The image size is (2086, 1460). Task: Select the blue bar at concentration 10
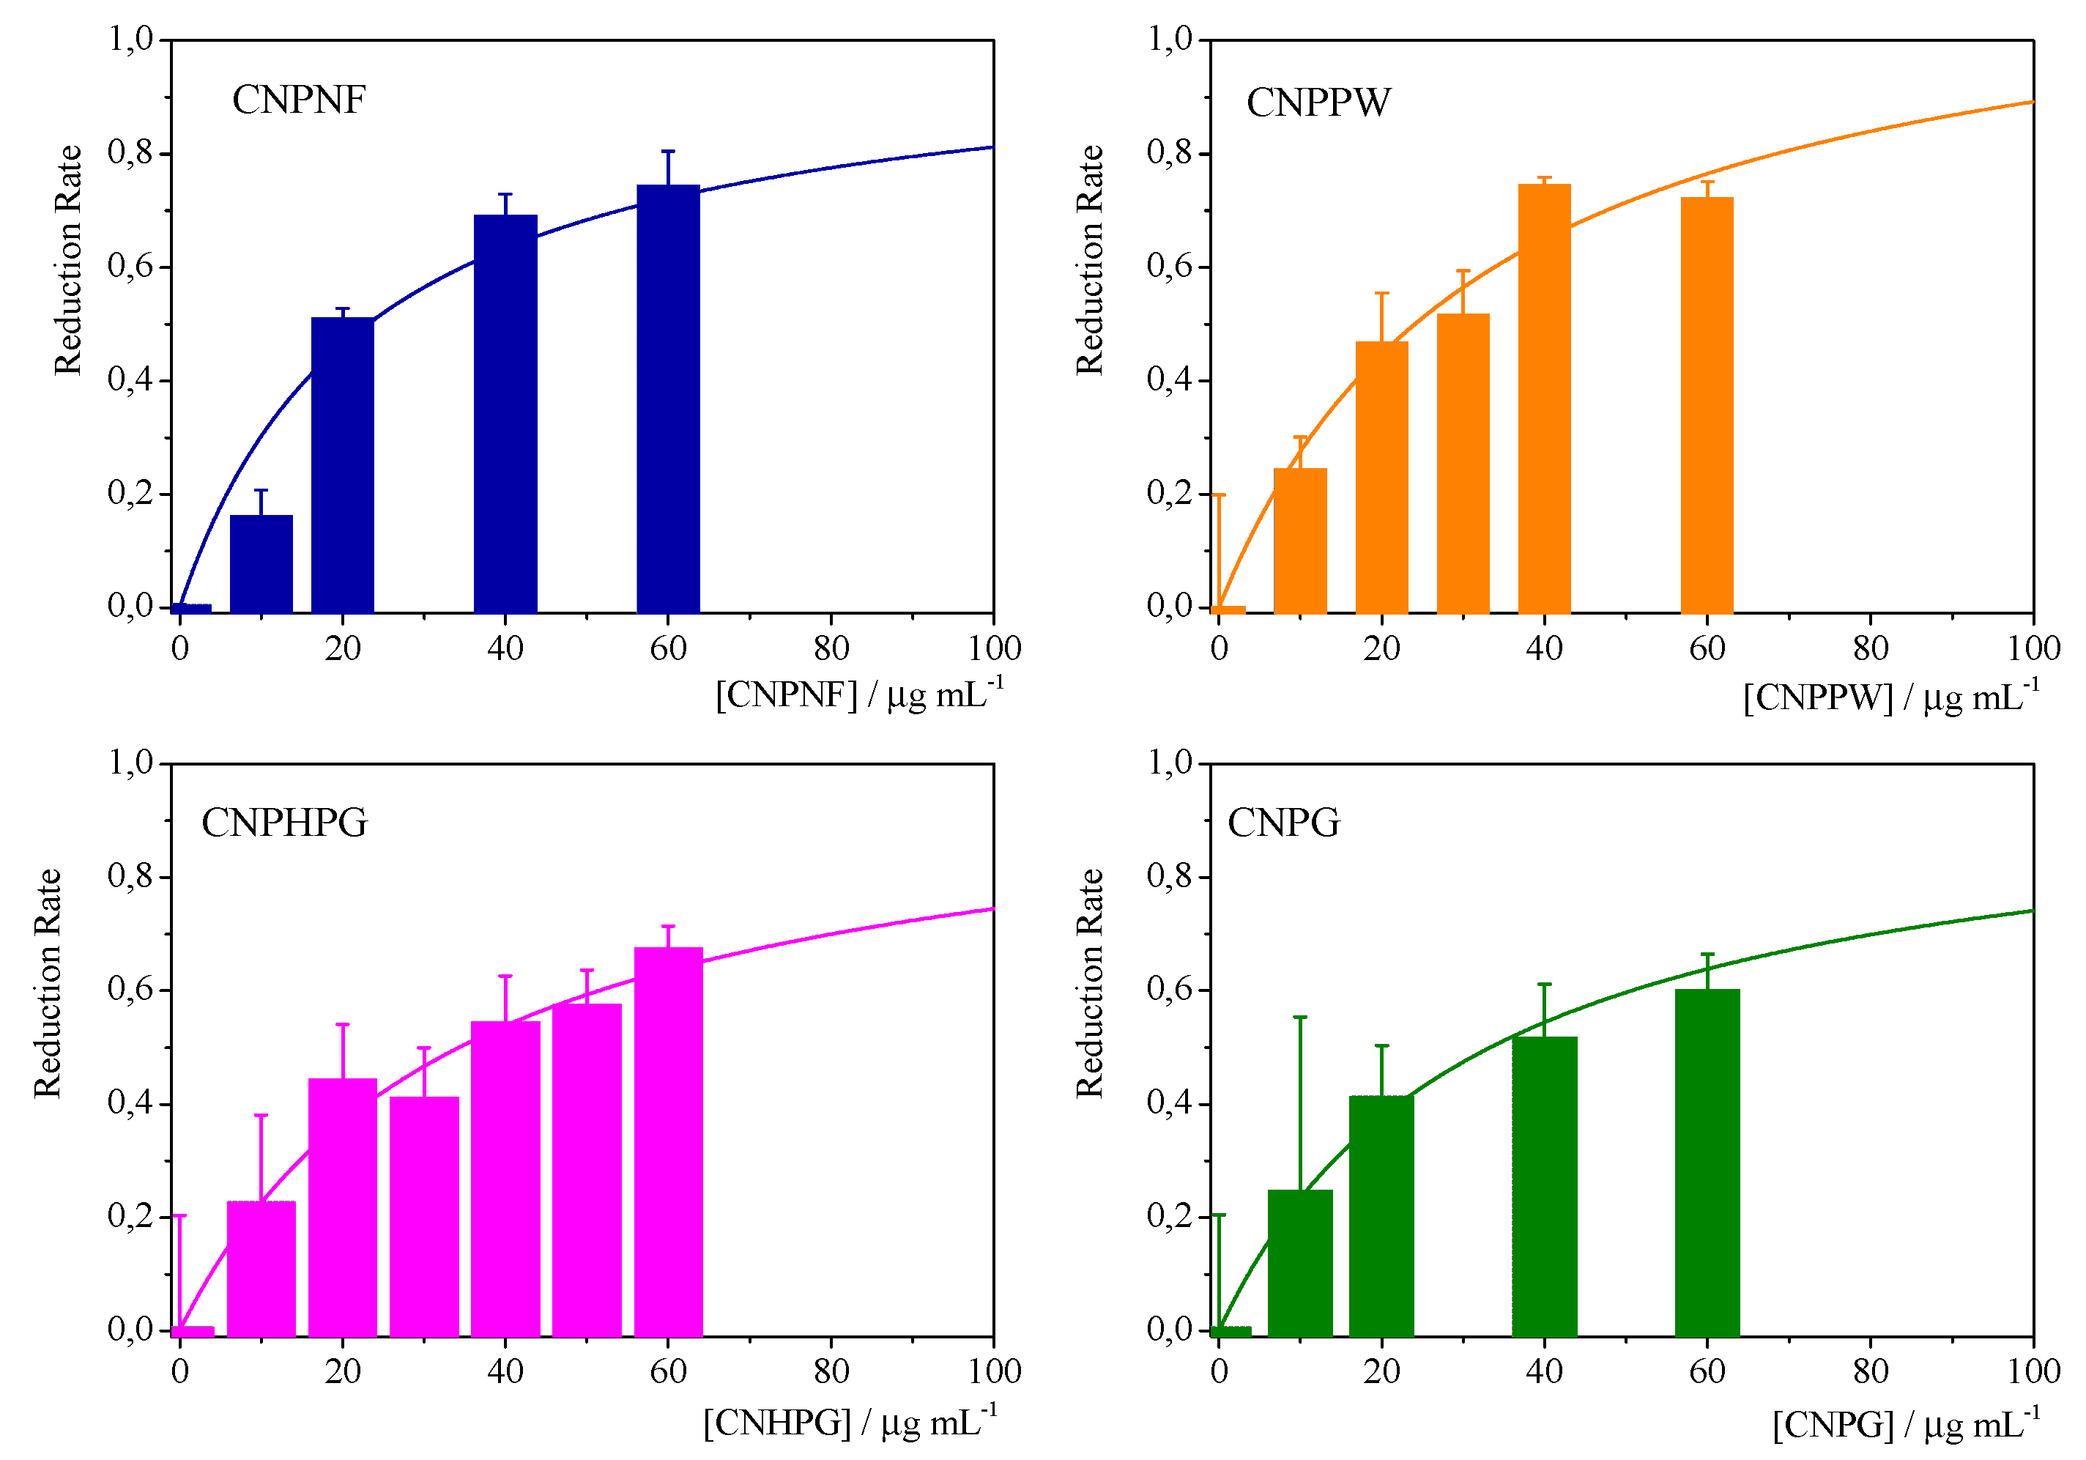pos(261,563)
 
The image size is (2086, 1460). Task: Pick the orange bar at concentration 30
pos(1463,464)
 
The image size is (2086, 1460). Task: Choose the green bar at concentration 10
pos(1299,1262)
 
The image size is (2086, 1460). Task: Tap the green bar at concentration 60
pos(1707,1162)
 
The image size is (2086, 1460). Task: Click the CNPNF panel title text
pos(298,100)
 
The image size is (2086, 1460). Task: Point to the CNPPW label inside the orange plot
pos(1318,103)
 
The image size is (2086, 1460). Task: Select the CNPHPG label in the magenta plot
pos(283,823)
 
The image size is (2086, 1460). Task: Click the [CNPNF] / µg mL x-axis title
pos(858,695)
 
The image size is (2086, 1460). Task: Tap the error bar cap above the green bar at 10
pos(1299,1018)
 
